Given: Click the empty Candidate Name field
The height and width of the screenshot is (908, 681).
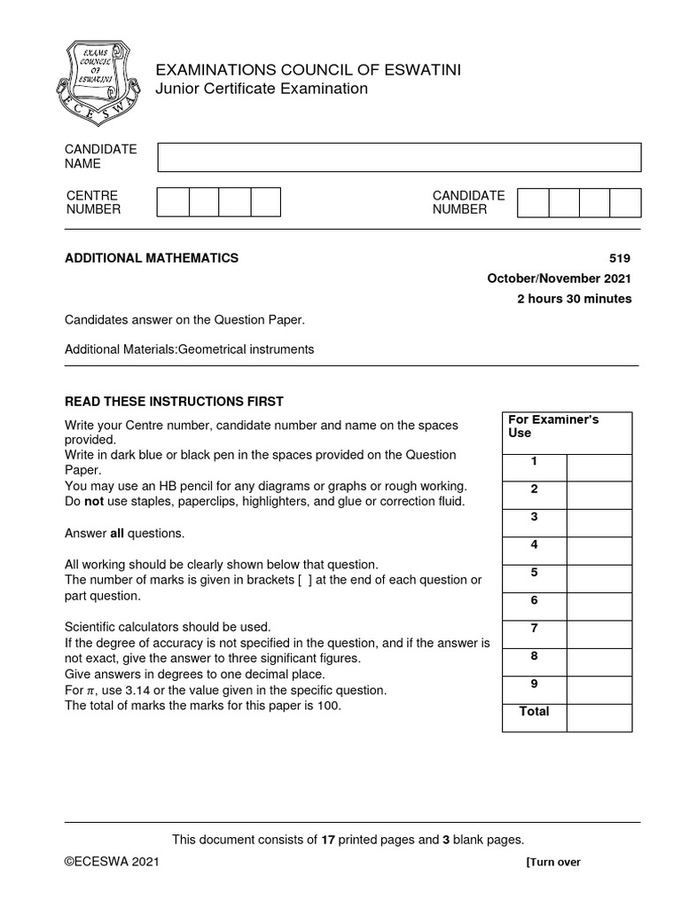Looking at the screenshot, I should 399,157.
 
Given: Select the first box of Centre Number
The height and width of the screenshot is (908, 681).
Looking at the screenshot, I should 173,202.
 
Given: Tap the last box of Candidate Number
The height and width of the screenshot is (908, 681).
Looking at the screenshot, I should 625,202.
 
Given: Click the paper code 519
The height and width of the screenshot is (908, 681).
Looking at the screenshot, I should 621,258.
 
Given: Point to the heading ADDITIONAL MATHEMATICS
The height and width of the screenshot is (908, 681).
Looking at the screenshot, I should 152,258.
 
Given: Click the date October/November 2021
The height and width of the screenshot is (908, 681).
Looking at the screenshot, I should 560,278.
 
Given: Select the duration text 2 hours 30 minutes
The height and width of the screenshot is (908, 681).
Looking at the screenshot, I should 575,299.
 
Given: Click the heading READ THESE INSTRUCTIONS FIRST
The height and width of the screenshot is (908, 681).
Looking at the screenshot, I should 174,402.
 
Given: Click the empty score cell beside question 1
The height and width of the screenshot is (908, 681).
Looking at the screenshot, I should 599,467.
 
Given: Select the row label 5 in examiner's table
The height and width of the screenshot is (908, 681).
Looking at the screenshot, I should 534,573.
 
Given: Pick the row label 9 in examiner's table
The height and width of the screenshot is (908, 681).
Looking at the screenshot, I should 534,684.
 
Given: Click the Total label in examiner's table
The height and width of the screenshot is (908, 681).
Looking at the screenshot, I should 534,712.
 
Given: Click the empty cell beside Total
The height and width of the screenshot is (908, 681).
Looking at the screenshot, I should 599,717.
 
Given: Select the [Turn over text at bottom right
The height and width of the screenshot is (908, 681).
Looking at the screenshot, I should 553,862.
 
